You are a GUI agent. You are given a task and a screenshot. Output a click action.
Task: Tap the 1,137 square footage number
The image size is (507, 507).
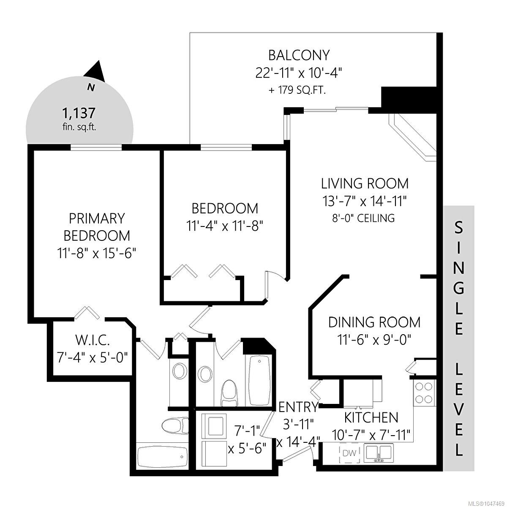79,113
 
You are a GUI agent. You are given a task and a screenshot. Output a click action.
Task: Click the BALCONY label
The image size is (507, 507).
299,55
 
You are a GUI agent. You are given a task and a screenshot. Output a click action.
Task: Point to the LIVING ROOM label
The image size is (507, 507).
365,183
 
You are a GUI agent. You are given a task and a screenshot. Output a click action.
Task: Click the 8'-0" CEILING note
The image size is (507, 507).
363,218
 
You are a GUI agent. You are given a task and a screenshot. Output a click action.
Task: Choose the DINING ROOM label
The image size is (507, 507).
374,322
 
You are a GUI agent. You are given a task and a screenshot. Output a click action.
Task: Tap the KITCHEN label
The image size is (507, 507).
371,417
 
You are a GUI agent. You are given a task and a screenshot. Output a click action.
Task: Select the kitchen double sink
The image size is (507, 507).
379,452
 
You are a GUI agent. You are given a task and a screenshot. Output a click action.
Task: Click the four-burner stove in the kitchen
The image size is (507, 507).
424,393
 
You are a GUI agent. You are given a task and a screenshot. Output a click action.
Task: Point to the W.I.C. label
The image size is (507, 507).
93,341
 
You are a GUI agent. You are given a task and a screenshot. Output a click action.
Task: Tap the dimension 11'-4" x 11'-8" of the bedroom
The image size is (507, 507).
225,226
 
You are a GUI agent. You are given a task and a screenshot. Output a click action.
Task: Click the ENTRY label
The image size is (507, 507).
298,407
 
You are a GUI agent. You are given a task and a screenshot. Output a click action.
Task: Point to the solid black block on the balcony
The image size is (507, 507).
409,100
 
